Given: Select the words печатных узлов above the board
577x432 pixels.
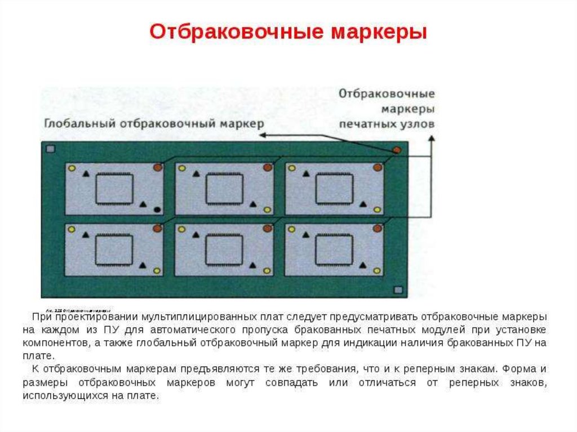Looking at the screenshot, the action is click(x=387, y=123).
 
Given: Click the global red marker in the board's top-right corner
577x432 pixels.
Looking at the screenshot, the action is click(x=397, y=150).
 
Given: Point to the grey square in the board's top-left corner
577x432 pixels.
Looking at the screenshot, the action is click(x=51, y=149).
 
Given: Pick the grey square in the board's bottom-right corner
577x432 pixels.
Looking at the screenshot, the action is click(x=398, y=290).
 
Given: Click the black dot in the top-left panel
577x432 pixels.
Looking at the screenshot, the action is click(x=157, y=210).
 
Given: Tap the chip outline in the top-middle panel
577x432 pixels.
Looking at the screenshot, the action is click(x=224, y=189).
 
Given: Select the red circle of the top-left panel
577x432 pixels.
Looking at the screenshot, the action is click(x=158, y=167).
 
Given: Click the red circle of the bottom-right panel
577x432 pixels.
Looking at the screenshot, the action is click(x=377, y=229).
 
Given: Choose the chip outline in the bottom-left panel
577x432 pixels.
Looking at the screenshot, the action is click(x=114, y=249).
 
